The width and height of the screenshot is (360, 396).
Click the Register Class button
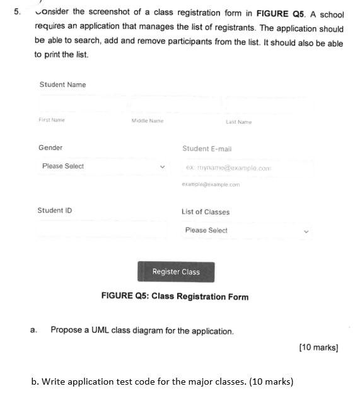tap(176, 272)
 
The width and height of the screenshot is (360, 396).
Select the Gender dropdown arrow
tap(163, 166)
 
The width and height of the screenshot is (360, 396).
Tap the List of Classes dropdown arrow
tap(306, 231)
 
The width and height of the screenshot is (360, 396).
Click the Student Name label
tap(62, 84)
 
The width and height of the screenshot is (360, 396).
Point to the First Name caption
tap(52, 120)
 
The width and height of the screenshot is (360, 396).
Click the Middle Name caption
tap(147, 120)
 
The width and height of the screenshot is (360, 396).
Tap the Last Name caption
tap(238, 122)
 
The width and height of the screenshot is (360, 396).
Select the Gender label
tap(50, 148)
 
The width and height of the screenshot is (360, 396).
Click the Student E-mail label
tap(207, 149)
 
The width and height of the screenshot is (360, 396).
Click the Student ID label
tap(55, 211)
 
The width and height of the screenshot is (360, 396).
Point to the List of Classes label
tap(206, 212)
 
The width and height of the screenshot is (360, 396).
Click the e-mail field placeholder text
tap(228, 168)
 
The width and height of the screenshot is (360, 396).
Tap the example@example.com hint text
tap(211, 185)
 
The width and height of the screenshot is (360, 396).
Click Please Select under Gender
tap(63, 166)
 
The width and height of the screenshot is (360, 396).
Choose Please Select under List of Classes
tap(206, 230)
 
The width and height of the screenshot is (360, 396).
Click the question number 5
tap(17, 12)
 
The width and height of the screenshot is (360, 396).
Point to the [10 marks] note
tap(318, 347)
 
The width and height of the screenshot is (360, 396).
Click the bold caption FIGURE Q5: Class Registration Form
tap(175, 297)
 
